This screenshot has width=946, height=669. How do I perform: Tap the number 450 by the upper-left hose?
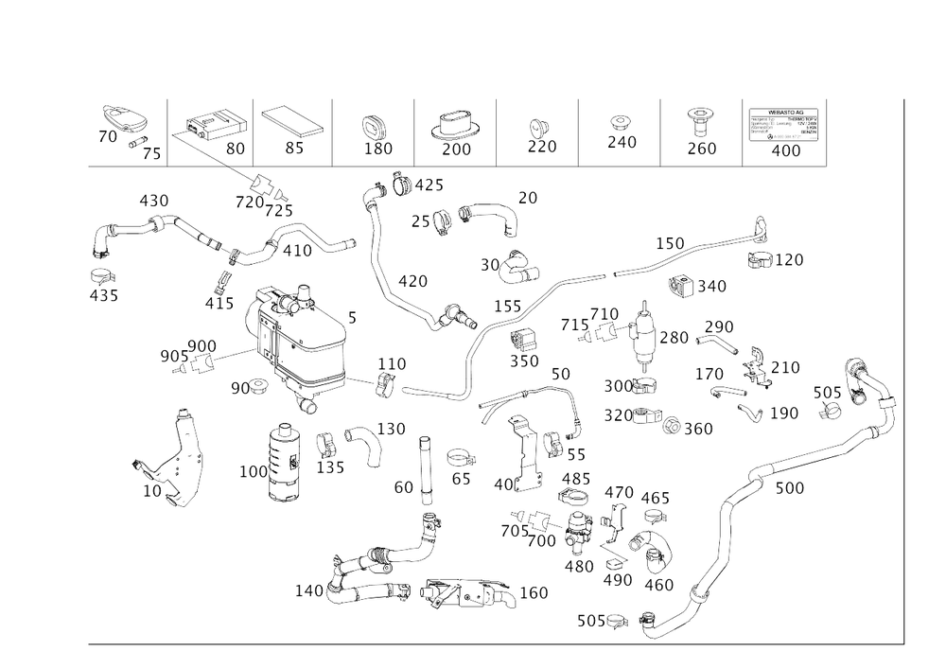coord(153,200)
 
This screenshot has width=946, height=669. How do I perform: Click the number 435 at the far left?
coord(103,296)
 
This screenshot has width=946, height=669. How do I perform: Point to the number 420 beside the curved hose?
coord(412,280)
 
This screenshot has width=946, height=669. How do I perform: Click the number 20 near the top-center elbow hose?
coord(526,197)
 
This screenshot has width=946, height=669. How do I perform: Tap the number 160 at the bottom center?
coord(534,593)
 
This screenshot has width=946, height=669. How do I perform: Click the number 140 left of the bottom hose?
coord(309,590)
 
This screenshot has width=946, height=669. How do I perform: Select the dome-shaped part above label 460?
coord(652,549)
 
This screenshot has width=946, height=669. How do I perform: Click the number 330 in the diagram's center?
coord(524,361)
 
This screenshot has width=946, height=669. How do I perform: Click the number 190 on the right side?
coord(784,414)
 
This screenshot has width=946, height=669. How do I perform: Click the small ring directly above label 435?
coord(101,275)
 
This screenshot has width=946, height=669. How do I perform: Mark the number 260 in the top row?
coord(701,148)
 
